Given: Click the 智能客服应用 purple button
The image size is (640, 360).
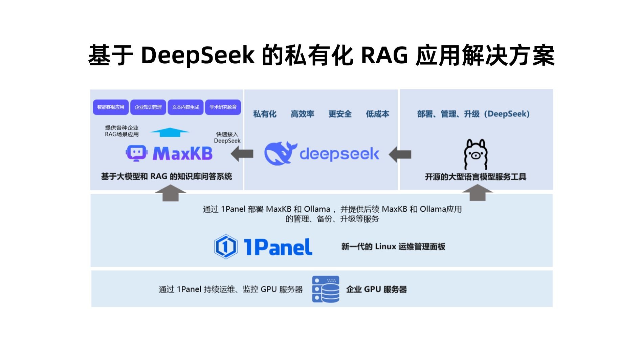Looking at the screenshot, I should pos(111,107).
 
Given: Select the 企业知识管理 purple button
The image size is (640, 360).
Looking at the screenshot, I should pos(148,107).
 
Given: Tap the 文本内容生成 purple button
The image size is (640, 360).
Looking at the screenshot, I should pos(185,107).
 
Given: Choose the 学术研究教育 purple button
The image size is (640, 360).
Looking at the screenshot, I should pos(223,107).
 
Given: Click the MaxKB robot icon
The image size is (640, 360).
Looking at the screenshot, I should pos(136,153).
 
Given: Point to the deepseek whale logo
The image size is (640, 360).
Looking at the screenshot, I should pos(280,153).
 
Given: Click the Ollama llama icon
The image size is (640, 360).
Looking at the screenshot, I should pos(476,154).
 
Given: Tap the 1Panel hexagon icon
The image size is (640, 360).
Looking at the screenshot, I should pos(226,247).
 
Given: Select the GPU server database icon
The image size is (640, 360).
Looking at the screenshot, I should pos(326,289).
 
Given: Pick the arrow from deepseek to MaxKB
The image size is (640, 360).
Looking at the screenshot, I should pos(242,154).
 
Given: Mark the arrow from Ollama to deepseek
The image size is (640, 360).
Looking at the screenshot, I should pos(400,154).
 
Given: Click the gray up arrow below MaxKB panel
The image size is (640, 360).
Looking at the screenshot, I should pos(170,193).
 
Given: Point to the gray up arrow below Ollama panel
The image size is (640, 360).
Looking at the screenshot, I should pos(477,193).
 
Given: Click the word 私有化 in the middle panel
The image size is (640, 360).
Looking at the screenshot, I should pos(265,114).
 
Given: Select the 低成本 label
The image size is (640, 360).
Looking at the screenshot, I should pos(377,114).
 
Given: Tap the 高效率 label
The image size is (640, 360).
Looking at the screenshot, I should pos(302,114).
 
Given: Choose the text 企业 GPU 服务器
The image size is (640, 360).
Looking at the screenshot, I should pos(376,289).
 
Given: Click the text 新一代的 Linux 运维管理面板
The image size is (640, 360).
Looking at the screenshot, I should pos(393,247).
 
